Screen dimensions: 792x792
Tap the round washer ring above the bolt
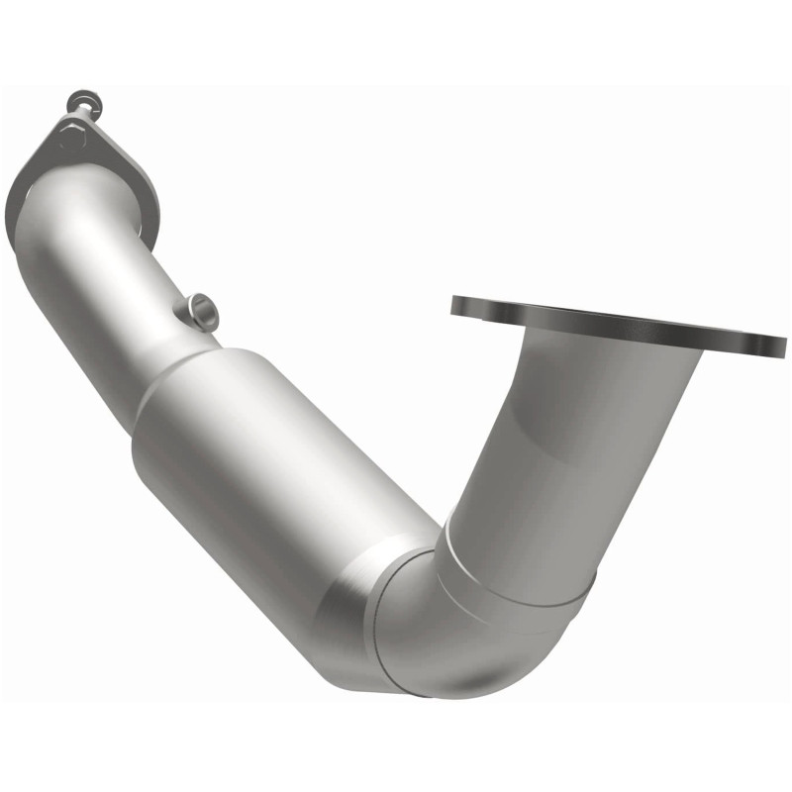[79, 101]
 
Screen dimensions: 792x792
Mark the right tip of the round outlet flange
[784, 346]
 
